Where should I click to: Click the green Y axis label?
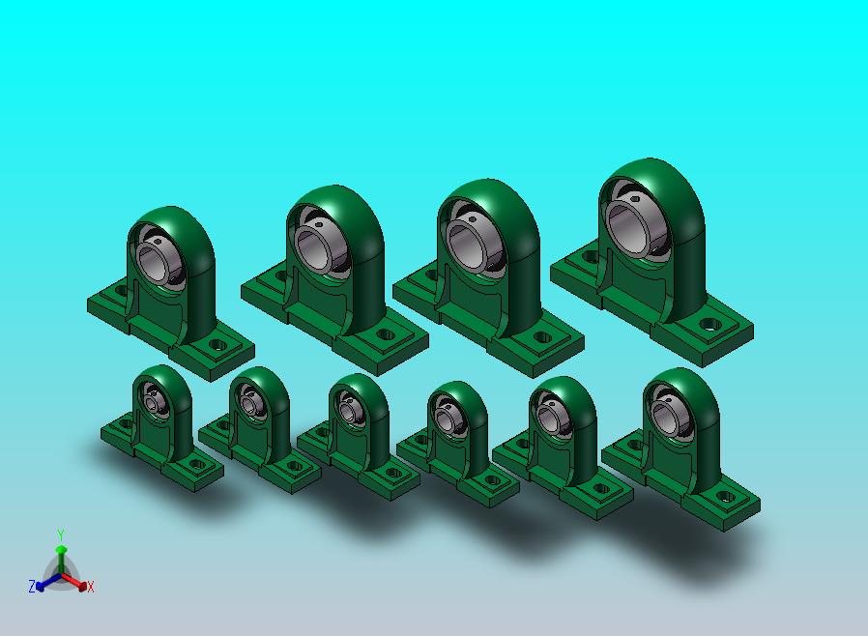point(61,535)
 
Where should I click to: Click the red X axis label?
point(91,587)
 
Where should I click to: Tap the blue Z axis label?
point(32,586)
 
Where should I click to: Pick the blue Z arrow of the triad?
point(47,581)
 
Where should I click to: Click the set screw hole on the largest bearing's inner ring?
point(636,199)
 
